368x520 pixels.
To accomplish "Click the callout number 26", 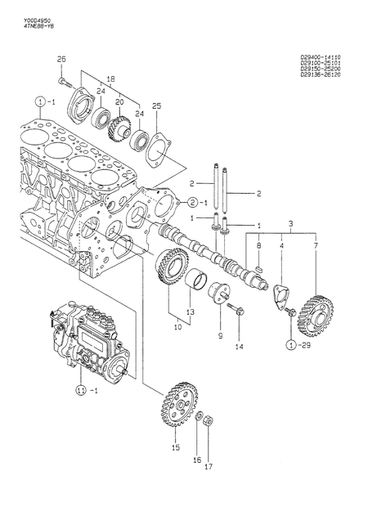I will [60, 57].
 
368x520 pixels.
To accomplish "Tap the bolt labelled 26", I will [65, 82].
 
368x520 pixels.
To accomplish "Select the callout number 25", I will [157, 105].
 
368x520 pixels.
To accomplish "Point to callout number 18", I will [111, 78].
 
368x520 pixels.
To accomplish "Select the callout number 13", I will [190, 311].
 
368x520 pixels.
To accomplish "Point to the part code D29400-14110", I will [320, 57].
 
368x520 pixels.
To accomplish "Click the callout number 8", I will [258, 244].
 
